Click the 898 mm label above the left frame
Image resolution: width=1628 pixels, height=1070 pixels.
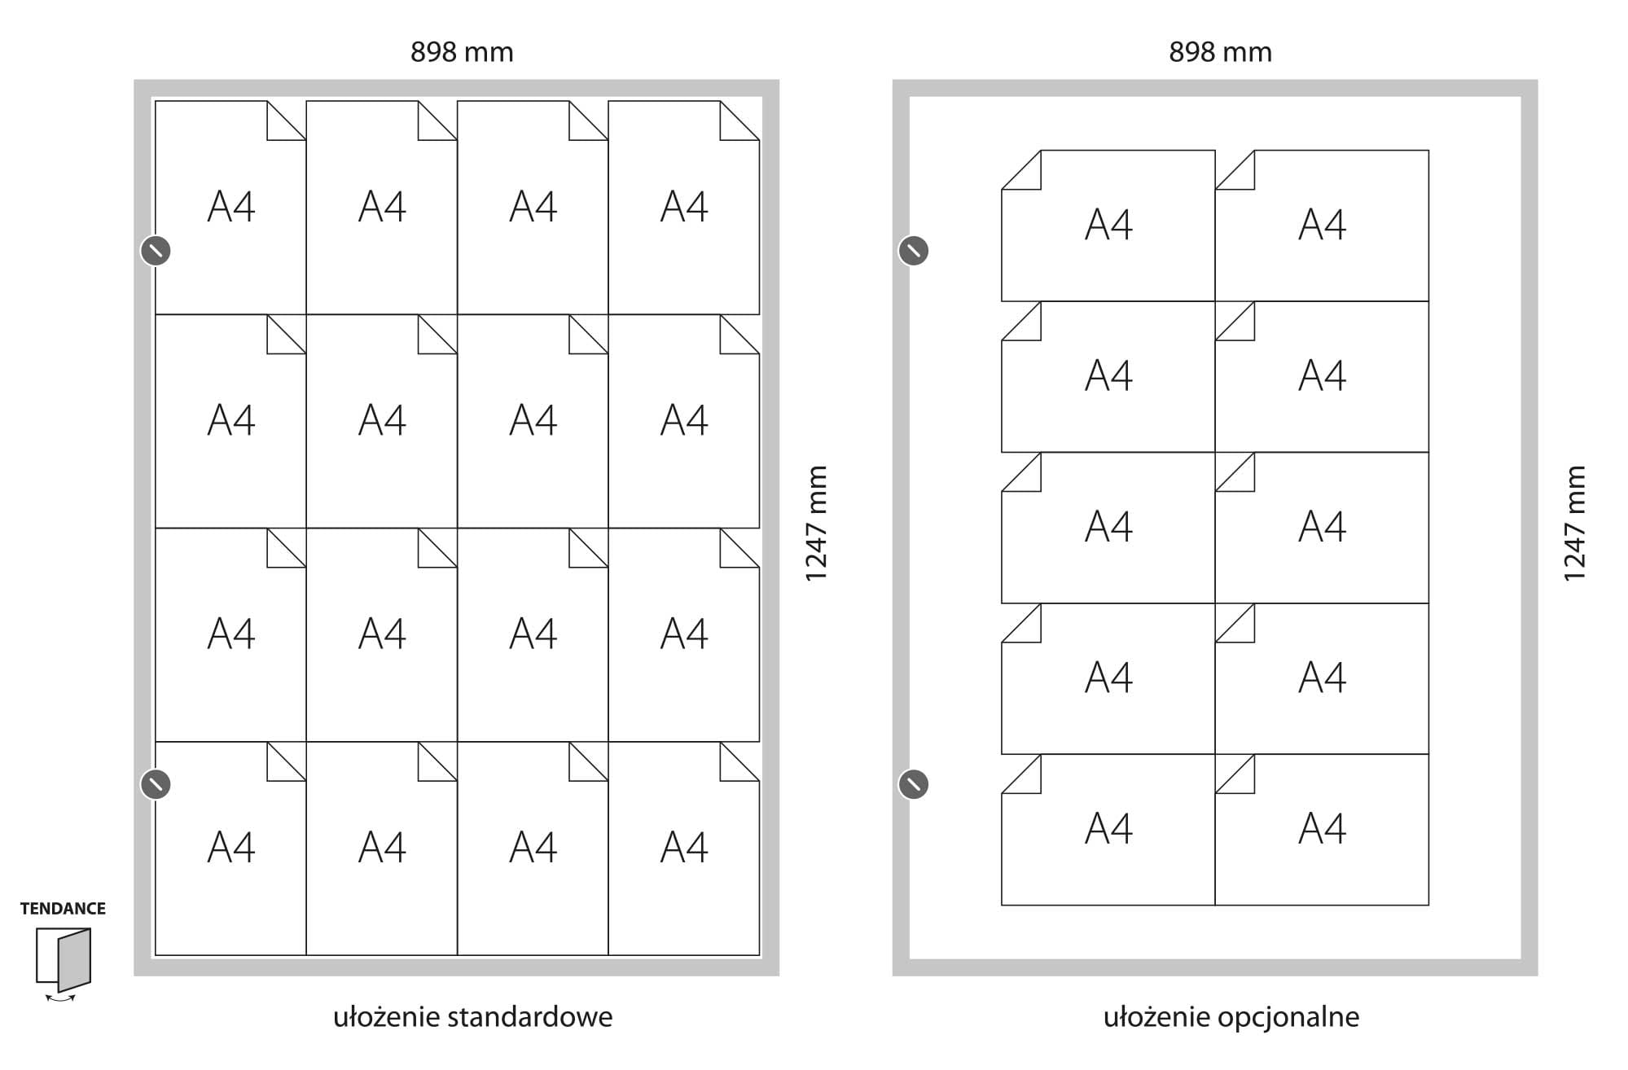click(x=462, y=52)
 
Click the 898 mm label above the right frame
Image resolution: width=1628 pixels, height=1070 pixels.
click(x=1220, y=52)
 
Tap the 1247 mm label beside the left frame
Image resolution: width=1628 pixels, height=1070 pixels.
click(x=816, y=523)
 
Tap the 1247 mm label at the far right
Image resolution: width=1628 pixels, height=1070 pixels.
click(x=1574, y=523)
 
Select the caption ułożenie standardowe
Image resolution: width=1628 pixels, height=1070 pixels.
click(x=472, y=1017)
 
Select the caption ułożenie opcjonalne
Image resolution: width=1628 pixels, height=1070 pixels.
click(x=1231, y=1017)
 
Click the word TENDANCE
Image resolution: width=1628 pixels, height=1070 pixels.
click(x=63, y=909)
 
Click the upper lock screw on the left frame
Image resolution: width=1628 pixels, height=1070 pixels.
click(x=156, y=251)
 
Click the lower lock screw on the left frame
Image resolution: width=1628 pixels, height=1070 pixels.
click(x=156, y=784)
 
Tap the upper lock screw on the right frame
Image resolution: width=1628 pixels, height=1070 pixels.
click(x=913, y=251)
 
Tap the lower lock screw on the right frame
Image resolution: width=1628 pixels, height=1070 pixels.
click(x=913, y=784)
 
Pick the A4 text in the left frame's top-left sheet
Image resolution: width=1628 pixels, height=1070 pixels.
click(x=231, y=207)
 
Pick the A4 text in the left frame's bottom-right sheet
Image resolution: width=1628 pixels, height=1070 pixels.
click(x=684, y=848)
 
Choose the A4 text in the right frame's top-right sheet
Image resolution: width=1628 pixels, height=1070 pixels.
click(x=1322, y=225)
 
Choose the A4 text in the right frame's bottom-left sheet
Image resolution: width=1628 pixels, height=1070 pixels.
click(x=1108, y=829)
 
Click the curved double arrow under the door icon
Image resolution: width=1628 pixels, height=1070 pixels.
click(x=60, y=998)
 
